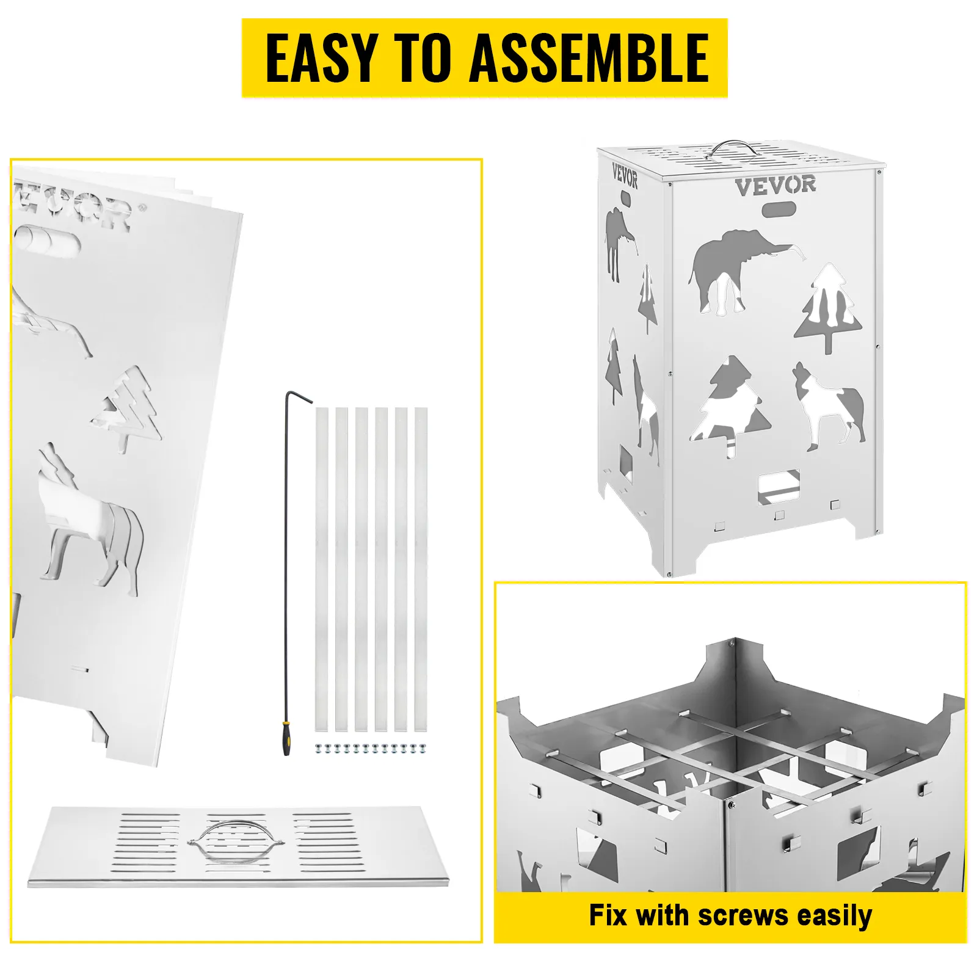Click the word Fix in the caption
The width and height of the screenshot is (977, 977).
click(608, 915)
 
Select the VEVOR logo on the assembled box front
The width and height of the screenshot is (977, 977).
click(775, 186)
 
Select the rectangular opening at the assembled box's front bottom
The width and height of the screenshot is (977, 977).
click(779, 486)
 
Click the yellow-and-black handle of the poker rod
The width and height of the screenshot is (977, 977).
click(286, 738)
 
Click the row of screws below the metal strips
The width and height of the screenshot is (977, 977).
click(371, 748)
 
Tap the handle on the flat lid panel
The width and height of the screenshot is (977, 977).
click(236, 841)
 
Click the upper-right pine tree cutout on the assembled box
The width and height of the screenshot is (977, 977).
click(828, 308)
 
